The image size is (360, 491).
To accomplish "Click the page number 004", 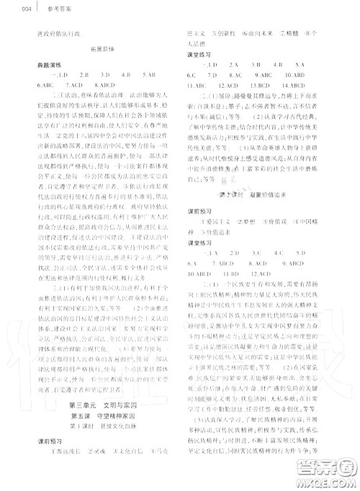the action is (x=9, y=9).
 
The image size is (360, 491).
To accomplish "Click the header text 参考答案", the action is (x=32, y=9).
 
